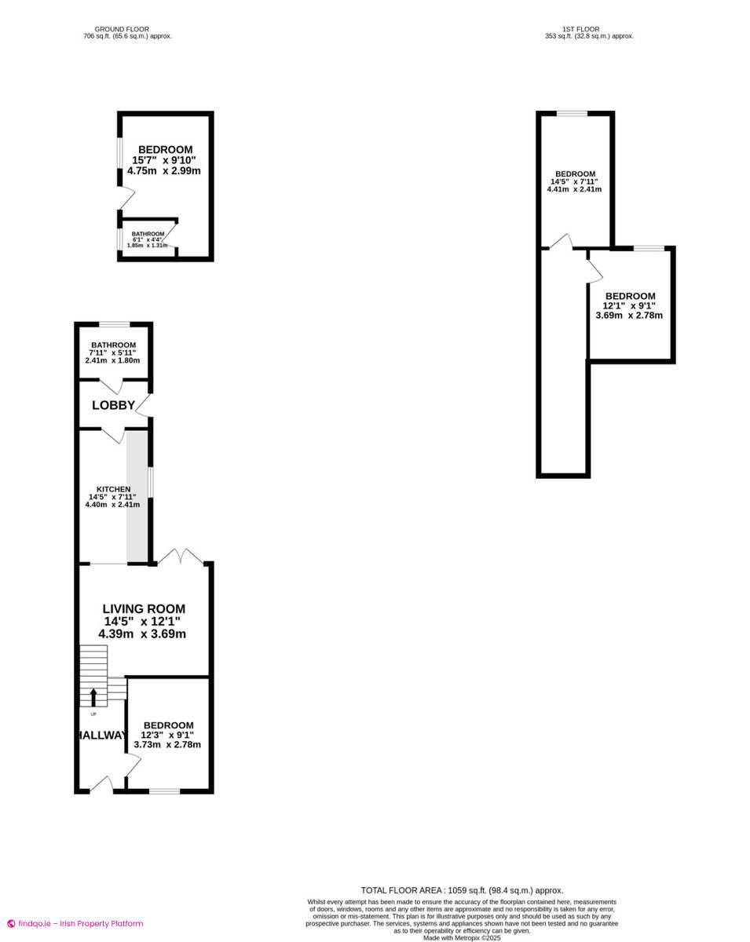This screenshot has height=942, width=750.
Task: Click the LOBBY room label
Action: click(x=113, y=405)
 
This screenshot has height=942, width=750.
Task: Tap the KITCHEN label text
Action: click(x=113, y=489)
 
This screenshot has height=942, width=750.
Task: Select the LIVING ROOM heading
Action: click(x=144, y=608)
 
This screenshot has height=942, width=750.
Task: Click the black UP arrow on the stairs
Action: click(x=93, y=698)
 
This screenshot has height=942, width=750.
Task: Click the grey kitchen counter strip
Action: click(x=137, y=496)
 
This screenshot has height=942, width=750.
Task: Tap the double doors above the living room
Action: click(x=181, y=556)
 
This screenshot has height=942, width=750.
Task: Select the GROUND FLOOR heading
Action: click(x=122, y=29)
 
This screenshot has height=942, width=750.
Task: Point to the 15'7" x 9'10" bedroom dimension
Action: click(x=164, y=160)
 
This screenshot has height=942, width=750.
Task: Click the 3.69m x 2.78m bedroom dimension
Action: click(x=629, y=315)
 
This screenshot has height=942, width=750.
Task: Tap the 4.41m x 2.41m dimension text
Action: click(x=574, y=189)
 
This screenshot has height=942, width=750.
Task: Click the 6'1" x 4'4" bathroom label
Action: click(x=148, y=240)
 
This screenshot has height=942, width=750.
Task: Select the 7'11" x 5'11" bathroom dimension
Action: click(x=112, y=352)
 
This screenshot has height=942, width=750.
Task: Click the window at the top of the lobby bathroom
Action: click(x=115, y=324)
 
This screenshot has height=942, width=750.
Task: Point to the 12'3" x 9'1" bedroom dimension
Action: click(x=167, y=735)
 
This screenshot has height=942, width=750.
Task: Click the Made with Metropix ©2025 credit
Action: click(x=462, y=938)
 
